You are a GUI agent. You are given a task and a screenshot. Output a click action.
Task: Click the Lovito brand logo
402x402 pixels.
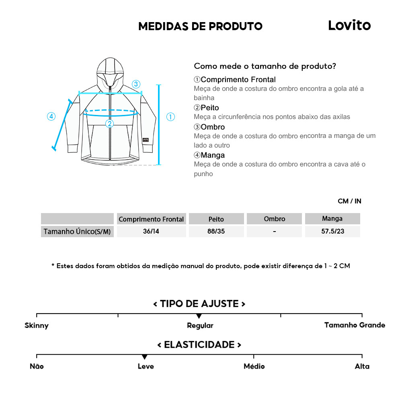(x=349, y=25)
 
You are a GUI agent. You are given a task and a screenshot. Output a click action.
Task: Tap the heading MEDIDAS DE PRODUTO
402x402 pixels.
(x=201, y=26)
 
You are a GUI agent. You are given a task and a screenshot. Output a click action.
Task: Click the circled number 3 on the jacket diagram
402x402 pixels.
(x=136, y=84)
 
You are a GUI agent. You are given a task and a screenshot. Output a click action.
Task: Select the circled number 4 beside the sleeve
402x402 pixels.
(x=51, y=117)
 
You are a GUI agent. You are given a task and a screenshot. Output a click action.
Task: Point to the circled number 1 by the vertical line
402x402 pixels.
(x=170, y=117)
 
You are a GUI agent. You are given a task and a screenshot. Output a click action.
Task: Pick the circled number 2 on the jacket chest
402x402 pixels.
(x=110, y=124)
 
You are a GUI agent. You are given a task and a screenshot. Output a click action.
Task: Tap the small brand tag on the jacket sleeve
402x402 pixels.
(x=146, y=140)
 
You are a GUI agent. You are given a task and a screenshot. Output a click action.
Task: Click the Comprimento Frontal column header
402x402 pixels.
(x=151, y=219)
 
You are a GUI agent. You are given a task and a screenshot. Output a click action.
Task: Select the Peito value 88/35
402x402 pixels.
(x=216, y=231)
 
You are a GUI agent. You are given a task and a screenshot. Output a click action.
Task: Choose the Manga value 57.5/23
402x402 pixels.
(x=333, y=231)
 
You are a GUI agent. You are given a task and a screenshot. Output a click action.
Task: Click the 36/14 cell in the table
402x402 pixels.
(x=151, y=231)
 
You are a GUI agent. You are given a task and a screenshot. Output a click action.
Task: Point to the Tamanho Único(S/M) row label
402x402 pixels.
(x=77, y=232)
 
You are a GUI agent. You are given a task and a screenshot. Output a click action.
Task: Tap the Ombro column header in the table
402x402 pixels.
(x=275, y=219)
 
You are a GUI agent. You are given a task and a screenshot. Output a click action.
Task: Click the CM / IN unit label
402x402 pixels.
(x=349, y=201)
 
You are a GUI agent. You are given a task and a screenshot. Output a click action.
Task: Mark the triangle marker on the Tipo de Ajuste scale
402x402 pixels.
(x=199, y=316)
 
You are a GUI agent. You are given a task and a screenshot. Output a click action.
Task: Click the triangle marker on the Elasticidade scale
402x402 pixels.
(x=145, y=357)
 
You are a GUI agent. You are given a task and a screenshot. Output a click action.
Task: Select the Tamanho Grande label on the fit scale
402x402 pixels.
(x=355, y=325)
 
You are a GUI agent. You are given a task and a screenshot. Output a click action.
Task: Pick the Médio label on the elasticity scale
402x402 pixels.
(x=254, y=366)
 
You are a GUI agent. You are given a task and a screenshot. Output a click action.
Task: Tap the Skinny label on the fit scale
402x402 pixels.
(x=37, y=326)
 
